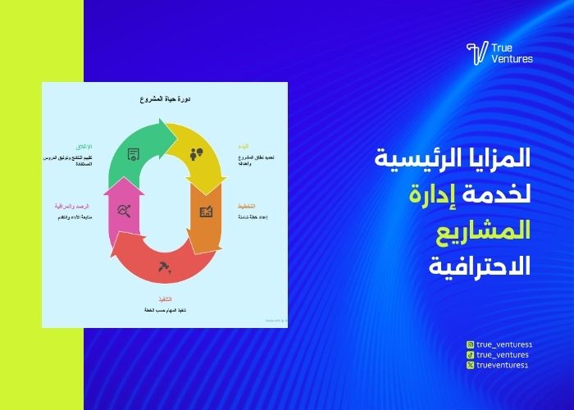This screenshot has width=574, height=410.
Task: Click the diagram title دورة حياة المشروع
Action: coord(165,99)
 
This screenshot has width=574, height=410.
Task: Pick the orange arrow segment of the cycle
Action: coord(207,216)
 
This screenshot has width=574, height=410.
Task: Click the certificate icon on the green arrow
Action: coord(134,153)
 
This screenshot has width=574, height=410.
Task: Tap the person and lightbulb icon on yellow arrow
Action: coord(196,153)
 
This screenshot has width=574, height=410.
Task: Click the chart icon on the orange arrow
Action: coord(206,212)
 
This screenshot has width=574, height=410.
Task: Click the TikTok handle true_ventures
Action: coord(502,354)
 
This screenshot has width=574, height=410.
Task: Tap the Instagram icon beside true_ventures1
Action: coord(469,344)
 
